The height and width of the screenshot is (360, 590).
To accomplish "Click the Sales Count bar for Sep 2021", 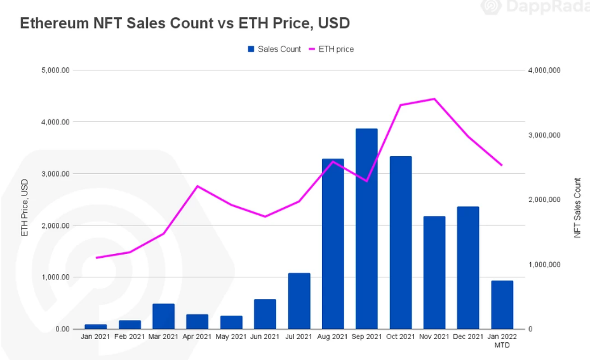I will tap(366, 229).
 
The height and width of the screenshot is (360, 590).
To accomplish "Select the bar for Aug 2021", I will tap(333, 244).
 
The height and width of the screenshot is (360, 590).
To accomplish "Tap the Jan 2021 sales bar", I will tap(96, 326).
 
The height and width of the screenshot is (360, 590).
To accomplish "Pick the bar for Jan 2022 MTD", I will tap(502, 305).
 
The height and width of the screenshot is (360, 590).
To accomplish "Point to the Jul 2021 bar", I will tap(299, 301).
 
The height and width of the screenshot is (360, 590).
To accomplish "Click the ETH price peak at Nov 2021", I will tap(434, 99).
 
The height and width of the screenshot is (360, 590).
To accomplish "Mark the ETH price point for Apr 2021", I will tap(198, 186).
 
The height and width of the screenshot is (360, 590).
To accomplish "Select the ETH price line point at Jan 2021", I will tap(96, 258).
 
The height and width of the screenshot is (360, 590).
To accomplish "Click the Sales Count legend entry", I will tap(274, 49).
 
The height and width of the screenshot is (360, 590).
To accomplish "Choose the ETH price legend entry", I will tap(331, 49).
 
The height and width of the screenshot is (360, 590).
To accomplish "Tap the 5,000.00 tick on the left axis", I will tap(55, 70).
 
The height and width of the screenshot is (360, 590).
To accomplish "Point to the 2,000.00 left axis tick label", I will tap(55, 225).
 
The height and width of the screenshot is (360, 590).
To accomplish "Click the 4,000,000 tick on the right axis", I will tap(544, 70).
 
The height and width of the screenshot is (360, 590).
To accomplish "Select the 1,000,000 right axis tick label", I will tap(544, 265).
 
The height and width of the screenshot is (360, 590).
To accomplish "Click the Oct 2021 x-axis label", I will tap(401, 337).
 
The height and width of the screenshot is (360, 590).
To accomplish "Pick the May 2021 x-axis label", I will tap(231, 337).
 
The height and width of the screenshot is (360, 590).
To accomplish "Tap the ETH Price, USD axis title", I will tap(25, 207).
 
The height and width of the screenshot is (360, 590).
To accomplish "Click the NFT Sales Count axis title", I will tap(577, 208).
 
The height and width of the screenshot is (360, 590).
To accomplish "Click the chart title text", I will tap(185, 23).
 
